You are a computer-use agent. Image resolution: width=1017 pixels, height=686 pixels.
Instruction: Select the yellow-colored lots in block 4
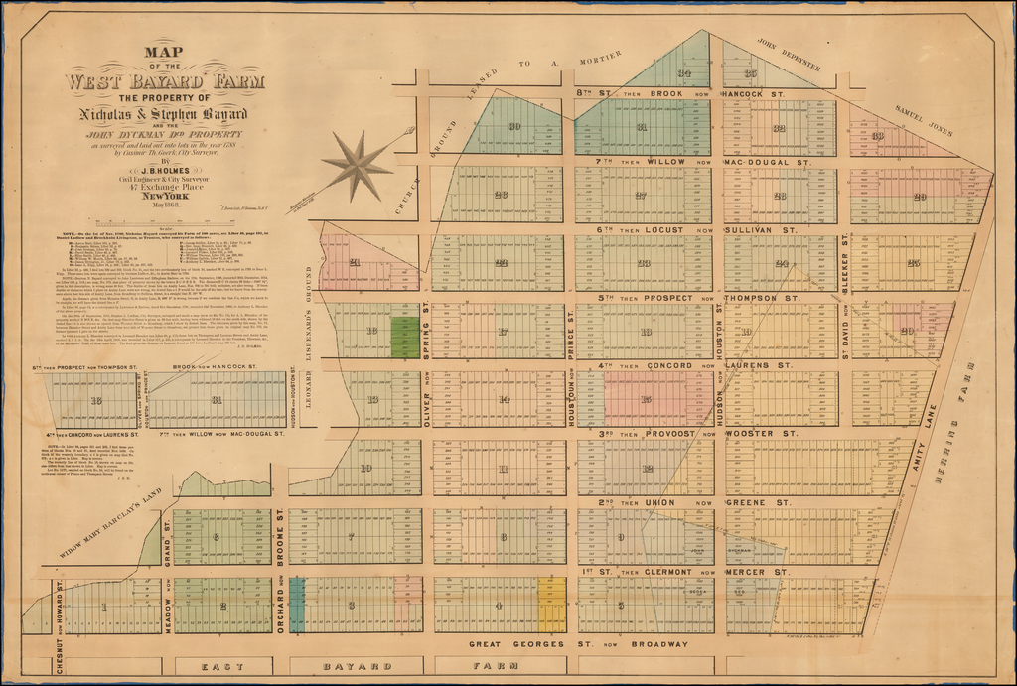pos(551,606)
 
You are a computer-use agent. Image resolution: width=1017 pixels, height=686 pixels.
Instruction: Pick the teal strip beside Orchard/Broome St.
pos(297,605)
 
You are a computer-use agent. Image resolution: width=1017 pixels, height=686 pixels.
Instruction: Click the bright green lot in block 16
pos(405,337)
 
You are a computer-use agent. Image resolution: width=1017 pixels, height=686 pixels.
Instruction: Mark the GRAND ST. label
pos(169,532)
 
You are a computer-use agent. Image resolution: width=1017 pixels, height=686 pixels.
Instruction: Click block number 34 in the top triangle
pos(684,73)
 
